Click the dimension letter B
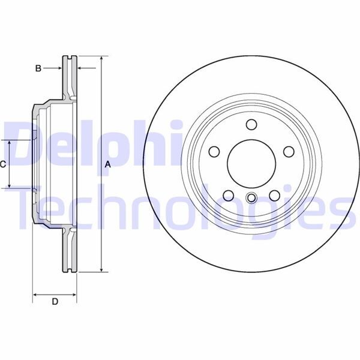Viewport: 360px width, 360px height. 38,68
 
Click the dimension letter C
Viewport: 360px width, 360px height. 3,164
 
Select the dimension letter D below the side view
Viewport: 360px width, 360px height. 55,302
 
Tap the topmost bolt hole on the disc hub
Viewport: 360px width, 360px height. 251,124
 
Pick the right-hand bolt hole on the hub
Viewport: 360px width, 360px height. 289,151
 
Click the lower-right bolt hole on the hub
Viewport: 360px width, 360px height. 275,195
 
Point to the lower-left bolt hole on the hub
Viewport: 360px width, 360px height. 228,195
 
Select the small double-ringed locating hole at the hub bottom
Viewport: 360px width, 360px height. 251,199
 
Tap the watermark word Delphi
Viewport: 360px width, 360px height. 90,144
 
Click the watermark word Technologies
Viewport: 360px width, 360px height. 180,207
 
